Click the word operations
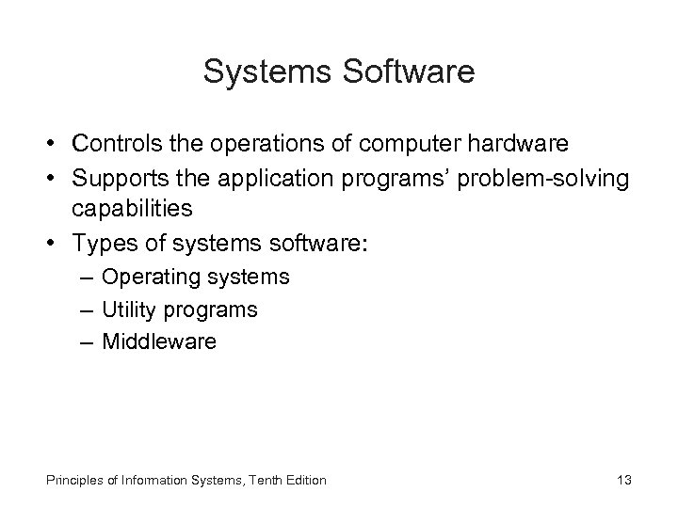(x=270, y=145)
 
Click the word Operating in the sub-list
(x=145, y=278)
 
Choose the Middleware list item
(x=158, y=341)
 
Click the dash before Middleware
(x=87, y=341)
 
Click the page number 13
(x=622, y=480)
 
